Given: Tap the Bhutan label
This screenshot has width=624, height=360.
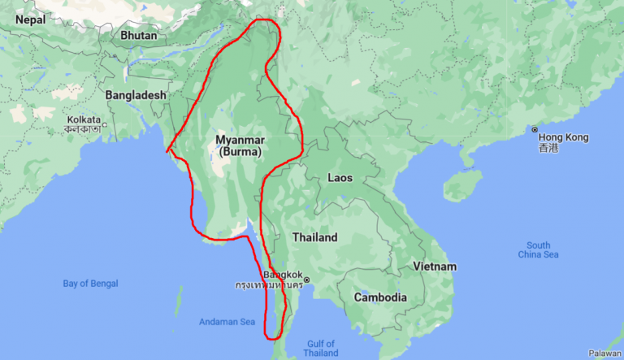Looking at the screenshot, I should click(x=137, y=36).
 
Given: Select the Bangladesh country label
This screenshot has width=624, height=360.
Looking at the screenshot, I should click(x=136, y=95).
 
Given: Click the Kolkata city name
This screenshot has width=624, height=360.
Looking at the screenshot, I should click(x=84, y=119).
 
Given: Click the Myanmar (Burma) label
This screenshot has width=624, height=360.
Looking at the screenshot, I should click(x=240, y=146).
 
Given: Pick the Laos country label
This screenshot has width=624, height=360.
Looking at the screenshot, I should click(x=340, y=177).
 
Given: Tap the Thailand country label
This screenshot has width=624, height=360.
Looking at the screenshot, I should click(x=314, y=238).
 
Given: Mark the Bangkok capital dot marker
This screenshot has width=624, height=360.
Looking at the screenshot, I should click(x=307, y=280).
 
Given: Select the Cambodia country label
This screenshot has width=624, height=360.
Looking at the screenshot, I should click(x=380, y=297).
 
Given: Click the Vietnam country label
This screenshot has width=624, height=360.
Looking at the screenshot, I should click(x=434, y=267).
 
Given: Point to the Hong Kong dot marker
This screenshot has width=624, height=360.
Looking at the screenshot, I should click(x=535, y=130).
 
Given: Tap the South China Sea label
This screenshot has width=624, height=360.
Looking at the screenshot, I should click(x=538, y=250).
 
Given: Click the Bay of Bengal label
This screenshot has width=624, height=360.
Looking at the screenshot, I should click(x=90, y=284).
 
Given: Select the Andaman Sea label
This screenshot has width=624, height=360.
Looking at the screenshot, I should click(x=227, y=322).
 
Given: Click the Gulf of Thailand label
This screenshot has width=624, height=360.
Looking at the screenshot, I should click(x=320, y=349).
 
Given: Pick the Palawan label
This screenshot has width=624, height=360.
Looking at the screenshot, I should click(x=604, y=353).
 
